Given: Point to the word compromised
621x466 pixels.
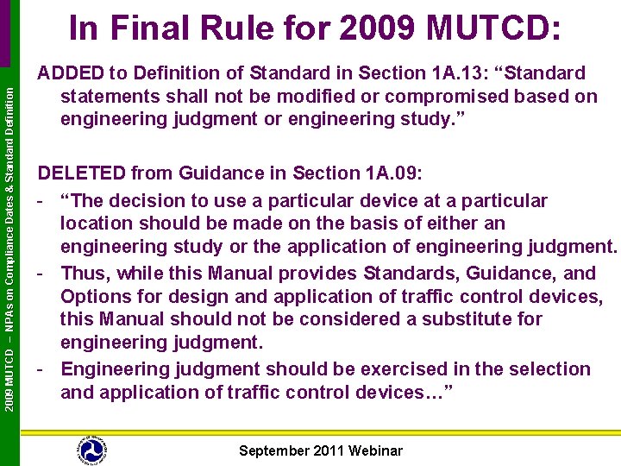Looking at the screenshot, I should (428, 96).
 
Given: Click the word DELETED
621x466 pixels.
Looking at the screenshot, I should (78, 173).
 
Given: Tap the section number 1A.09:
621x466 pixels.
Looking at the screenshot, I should (392, 173).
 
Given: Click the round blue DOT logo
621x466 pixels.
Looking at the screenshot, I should (91, 450).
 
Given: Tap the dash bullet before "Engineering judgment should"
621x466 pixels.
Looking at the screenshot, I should (41, 369).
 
